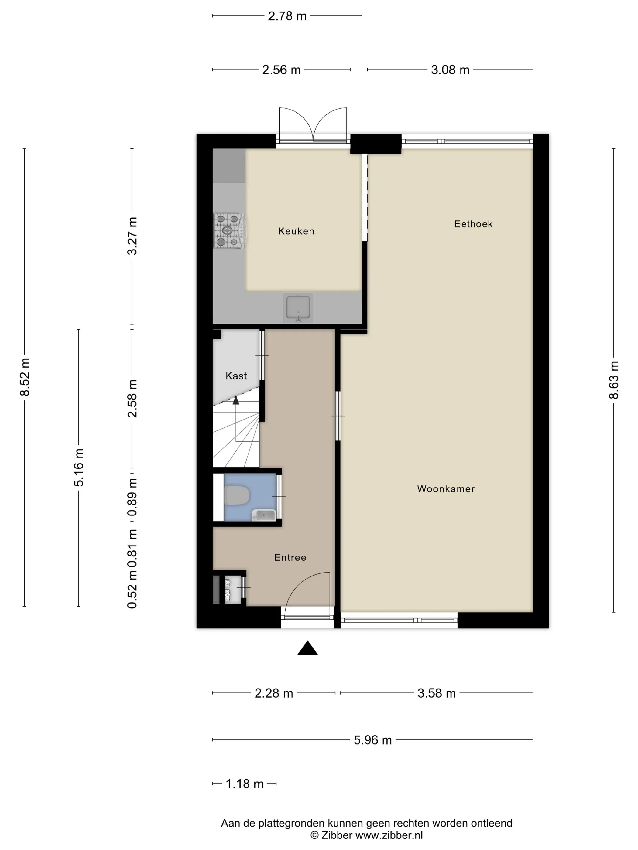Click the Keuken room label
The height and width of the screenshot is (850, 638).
click(296, 231)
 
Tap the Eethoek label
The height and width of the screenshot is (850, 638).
click(473, 224)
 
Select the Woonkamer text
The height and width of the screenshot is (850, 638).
click(446, 489)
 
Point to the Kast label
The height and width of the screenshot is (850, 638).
click(236, 376)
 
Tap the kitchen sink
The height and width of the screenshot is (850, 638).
click(298, 308)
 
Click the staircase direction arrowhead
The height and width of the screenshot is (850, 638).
click(236, 400)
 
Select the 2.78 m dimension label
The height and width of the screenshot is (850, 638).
click(287, 16)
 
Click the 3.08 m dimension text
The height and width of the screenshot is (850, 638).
click(450, 70)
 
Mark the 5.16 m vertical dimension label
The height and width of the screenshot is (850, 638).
click(78, 467)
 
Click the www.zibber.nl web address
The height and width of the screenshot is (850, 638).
click(389, 835)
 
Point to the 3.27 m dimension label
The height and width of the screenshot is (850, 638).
click(132, 236)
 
